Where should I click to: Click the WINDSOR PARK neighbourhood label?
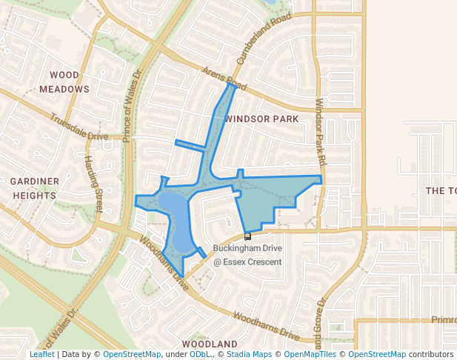click(x=261, y=119)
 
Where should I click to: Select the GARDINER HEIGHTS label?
click(x=34, y=188)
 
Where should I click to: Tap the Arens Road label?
click(x=221, y=76)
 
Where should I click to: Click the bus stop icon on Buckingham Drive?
click(x=247, y=236)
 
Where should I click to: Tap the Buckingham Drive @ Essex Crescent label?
click(x=247, y=255)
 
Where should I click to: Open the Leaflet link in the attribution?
click(x=41, y=355)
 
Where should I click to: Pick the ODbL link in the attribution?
click(x=199, y=355)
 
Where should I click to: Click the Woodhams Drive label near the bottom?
click(x=265, y=326)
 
